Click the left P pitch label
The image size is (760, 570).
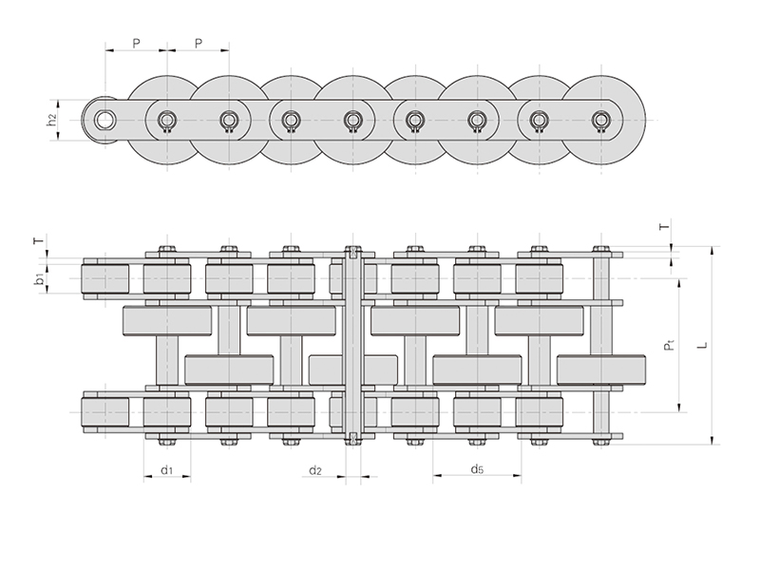136,43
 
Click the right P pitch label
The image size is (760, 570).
199,43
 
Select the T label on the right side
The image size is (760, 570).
664,227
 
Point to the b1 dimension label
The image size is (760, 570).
39,279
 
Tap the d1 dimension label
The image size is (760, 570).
166,470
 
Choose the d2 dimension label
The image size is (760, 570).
316,470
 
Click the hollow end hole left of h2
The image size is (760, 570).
104,119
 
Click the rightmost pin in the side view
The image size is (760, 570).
600,120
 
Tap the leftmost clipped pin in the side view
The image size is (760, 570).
167,120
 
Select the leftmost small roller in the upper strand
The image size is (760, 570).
105,278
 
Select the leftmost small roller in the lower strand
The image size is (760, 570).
105,411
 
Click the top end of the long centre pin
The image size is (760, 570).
352,252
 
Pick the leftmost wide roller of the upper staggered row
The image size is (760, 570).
167,321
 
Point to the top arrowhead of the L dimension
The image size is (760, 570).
711,250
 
